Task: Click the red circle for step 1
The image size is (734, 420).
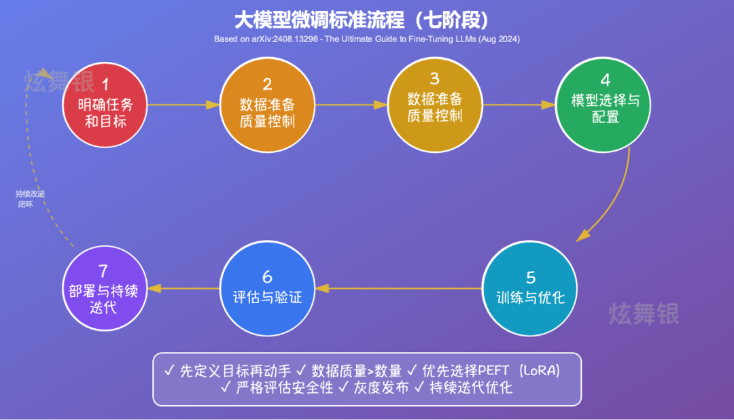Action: [x=105, y=104]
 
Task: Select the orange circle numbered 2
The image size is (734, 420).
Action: [x=267, y=104]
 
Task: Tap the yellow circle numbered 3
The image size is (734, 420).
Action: [x=435, y=103]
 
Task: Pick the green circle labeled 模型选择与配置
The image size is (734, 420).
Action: [x=605, y=104]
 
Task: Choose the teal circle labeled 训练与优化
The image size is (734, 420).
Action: [x=530, y=289]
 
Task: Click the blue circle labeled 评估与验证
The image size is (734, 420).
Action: [x=267, y=288]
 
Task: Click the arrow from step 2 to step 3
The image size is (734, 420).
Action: [x=351, y=105]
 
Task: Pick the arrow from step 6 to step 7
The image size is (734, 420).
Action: [x=183, y=289]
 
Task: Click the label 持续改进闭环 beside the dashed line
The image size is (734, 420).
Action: [x=30, y=198]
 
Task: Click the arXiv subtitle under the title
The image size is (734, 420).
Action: [x=367, y=39]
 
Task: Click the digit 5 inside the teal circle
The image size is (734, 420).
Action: [x=531, y=277]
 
